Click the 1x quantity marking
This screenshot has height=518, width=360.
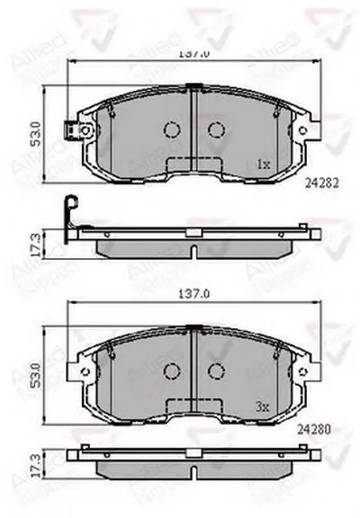263,165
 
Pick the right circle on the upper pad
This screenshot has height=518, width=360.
216,130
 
